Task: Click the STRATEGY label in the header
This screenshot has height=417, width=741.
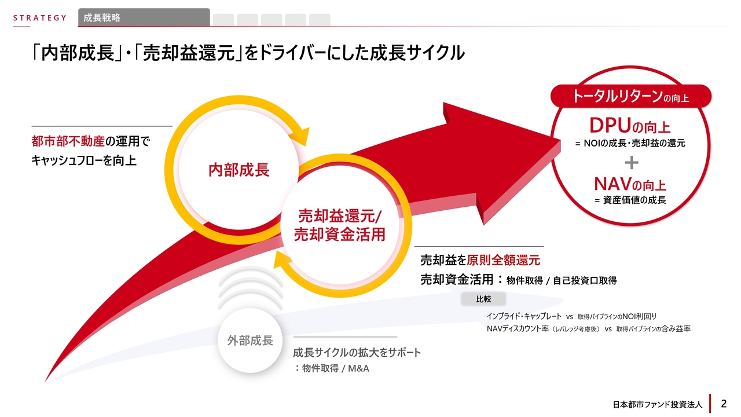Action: (40, 18)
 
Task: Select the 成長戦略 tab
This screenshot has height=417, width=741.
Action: (102, 18)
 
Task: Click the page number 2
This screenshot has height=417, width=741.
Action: (724, 403)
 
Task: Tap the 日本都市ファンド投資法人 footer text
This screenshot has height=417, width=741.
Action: (657, 404)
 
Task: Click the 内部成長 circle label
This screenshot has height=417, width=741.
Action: (239, 170)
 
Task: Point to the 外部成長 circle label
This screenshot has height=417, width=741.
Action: (250, 341)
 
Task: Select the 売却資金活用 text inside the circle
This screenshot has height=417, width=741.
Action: (339, 235)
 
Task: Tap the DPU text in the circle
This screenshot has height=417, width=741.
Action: (609, 125)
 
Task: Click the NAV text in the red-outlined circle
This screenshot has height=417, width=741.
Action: (612, 185)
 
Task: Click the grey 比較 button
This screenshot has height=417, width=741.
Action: (483, 299)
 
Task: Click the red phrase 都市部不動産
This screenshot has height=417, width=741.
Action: (68, 142)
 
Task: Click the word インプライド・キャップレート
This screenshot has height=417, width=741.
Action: (524, 316)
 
